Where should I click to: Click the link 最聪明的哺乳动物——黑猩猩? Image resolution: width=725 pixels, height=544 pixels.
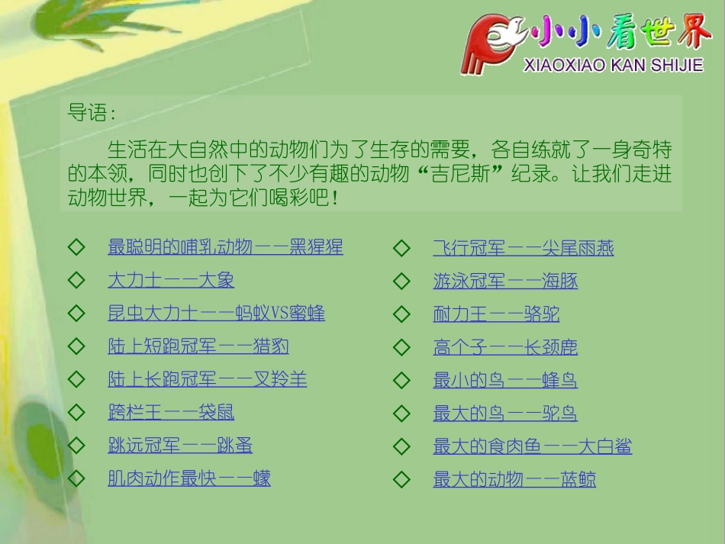coord(225,247)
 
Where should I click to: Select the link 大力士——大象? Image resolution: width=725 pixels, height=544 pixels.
coord(171,280)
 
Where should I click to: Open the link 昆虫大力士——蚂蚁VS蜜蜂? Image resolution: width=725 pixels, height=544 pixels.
coord(216,314)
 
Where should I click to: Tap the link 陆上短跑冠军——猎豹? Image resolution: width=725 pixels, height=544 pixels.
coord(198,346)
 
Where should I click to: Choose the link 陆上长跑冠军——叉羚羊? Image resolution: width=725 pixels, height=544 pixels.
coord(208,379)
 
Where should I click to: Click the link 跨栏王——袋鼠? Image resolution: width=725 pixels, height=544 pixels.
coord(171,413)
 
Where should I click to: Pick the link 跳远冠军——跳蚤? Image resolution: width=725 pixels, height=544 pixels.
coord(180,446)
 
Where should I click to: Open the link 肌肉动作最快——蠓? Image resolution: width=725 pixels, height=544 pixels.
coord(189,479)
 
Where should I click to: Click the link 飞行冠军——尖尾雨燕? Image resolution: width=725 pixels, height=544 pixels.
coord(524,248)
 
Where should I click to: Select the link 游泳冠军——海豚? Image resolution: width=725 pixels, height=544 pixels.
coord(505,281)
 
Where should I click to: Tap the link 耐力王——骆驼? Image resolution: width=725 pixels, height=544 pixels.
coord(497,314)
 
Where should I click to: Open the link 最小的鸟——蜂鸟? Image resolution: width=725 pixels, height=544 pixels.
coord(505,380)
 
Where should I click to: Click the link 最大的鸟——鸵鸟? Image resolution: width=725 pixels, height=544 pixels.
coord(505,414)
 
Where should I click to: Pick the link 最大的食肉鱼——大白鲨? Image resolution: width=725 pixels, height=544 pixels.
coord(533,446)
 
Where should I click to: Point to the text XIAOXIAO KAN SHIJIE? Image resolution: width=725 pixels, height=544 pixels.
coord(613,66)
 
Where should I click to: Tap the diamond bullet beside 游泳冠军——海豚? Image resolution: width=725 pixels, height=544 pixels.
coord(401,281)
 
